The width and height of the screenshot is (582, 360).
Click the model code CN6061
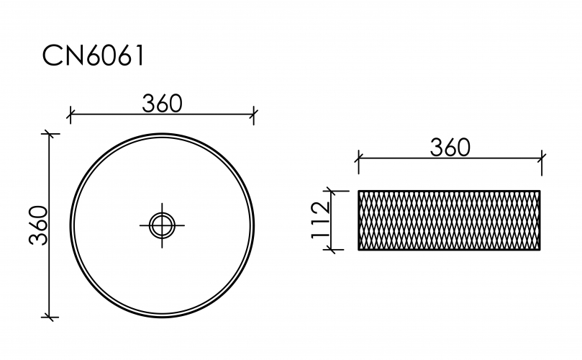(93, 55)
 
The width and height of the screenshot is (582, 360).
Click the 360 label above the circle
(162, 103)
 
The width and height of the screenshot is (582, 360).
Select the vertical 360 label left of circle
(39, 225)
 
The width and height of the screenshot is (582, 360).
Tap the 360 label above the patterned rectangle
(450, 148)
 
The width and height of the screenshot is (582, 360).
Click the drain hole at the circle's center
(162, 225)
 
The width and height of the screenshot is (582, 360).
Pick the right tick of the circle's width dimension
(254, 114)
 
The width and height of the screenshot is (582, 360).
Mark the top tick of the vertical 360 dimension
(50, 134)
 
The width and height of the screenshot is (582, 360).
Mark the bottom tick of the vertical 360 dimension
(50, 318)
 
